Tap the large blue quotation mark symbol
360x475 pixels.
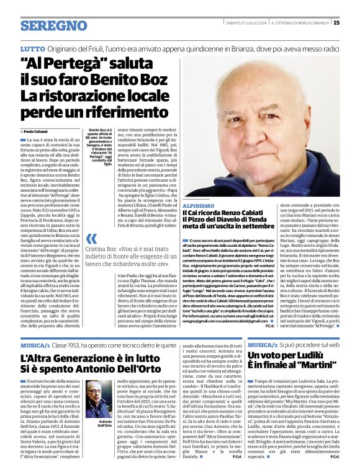coord(92,239)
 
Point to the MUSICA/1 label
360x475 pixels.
coord(35,344)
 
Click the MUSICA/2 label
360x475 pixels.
coord(263,344)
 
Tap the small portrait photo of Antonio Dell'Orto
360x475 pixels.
coord(93,403)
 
